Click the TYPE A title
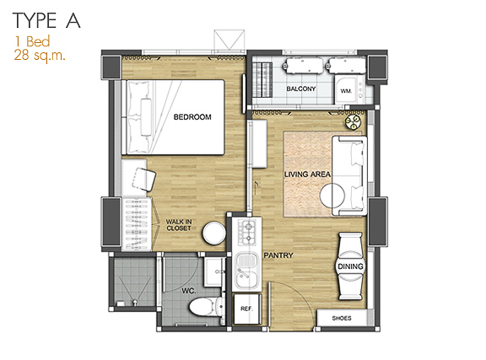[46, 21]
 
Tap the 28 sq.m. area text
[40, 56]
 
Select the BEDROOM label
[192, 117]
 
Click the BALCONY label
[300, 89]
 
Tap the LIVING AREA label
[307, 175]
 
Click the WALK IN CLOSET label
[179, 225]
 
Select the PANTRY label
[278, 255]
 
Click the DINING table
[350, 266]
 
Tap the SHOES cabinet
[342, 318]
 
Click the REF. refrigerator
[247, 309]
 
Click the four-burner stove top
[246, 232]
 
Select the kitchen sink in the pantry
[246, 270]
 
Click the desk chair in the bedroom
[143, 180]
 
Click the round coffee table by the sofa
[332, 196]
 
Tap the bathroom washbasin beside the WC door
[213, 272]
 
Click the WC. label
[188, 291]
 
